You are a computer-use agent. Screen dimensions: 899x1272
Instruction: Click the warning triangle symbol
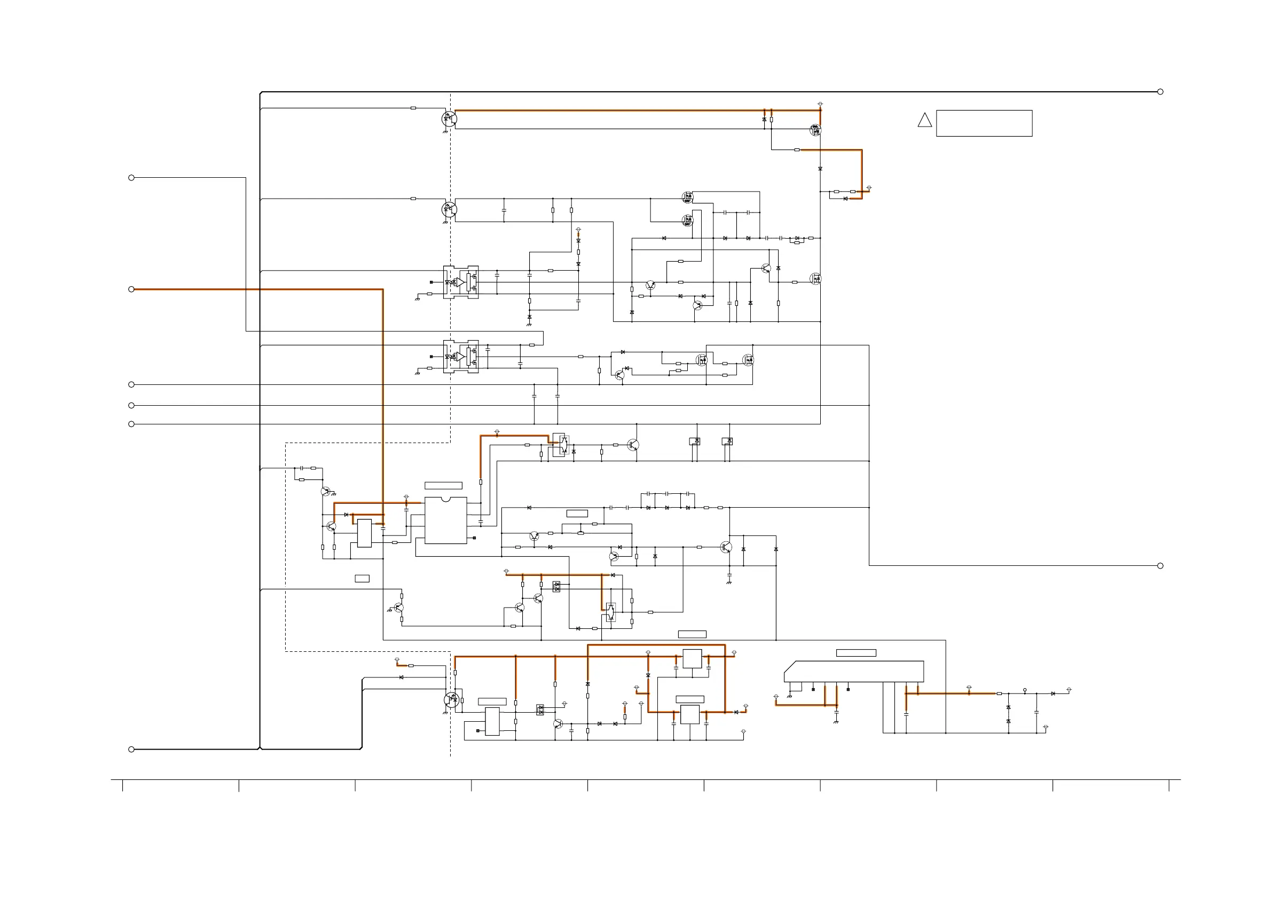[925, 121]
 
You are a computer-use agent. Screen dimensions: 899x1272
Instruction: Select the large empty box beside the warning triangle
[984, 123]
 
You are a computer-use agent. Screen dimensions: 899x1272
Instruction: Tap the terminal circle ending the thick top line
[1160, 92]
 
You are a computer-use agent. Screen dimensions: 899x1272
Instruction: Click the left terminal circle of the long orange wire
[131, 289]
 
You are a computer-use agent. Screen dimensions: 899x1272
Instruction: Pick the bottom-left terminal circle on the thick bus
[131, 750]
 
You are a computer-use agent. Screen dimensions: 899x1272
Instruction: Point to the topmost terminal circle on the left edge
[131, 178]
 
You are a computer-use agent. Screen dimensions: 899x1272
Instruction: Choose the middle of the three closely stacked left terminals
[131, 406]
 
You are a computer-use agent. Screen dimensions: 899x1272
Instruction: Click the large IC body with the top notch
[445, 520]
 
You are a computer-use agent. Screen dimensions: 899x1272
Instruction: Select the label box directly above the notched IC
[443, 486]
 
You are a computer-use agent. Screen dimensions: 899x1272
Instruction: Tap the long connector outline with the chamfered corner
[854, 672]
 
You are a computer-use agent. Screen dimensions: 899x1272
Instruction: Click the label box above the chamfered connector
[856, 653]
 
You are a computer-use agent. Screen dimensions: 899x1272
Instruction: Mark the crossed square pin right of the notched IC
[474, 538]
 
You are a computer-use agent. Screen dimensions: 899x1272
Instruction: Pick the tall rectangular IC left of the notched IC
[365, 533]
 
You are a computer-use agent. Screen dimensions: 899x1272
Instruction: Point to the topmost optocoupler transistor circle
[449, 119]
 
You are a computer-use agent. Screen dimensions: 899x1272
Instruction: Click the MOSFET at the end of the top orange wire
[815, 130]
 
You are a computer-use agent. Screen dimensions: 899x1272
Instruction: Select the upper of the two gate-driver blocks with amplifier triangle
[461, 282]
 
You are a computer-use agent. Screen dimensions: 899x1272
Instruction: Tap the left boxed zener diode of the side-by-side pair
[695, 441]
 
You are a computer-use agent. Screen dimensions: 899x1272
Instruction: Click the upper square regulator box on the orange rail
[692, 659]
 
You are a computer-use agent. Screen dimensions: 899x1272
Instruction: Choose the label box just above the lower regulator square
[690, 699]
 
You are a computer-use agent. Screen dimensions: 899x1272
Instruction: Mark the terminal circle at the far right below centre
[1160, 565]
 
